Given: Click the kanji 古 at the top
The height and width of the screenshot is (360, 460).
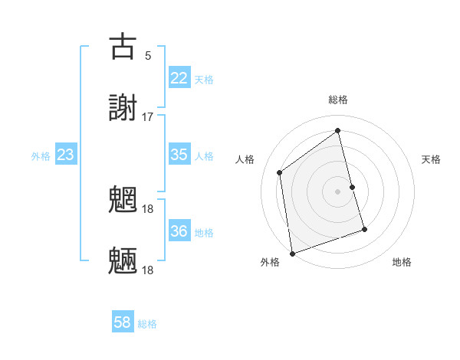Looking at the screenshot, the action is click(123, 46).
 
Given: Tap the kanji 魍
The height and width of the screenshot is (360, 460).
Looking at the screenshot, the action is click(123, 200).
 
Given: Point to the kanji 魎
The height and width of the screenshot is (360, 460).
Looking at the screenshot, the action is click(123, 261).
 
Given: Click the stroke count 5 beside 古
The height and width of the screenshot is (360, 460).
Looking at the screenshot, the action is click(147, 55).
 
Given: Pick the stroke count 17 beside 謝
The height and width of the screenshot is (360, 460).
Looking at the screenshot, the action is click(147, 116).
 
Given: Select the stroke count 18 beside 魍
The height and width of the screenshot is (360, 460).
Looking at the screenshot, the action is click(147, 208).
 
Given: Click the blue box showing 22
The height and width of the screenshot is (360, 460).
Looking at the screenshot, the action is click(179, 78).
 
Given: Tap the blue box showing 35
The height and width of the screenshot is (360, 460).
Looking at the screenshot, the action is click(179, 155).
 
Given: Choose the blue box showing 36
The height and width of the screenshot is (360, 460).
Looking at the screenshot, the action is click(179, 231).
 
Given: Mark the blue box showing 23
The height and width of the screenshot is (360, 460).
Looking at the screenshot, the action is click(65, 155).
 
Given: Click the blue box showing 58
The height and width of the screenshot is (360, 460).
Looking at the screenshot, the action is click(123, 322).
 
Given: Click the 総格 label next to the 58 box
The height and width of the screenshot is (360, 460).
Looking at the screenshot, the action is click(147, 324).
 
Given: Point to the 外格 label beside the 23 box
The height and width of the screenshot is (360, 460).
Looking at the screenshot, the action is click(41, 156).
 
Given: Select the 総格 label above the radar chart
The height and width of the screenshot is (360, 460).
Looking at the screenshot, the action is click(338, 100).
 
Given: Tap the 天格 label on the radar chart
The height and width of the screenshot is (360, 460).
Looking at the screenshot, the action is click(431, 159).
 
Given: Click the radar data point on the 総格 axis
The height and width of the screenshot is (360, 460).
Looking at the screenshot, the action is click(338, 130).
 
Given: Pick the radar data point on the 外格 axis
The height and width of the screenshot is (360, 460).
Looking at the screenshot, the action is click(292, 253).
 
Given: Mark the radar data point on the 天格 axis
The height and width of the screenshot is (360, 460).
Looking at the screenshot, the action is click(353, 187).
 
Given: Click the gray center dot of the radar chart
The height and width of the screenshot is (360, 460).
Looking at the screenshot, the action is click(338, 191).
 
